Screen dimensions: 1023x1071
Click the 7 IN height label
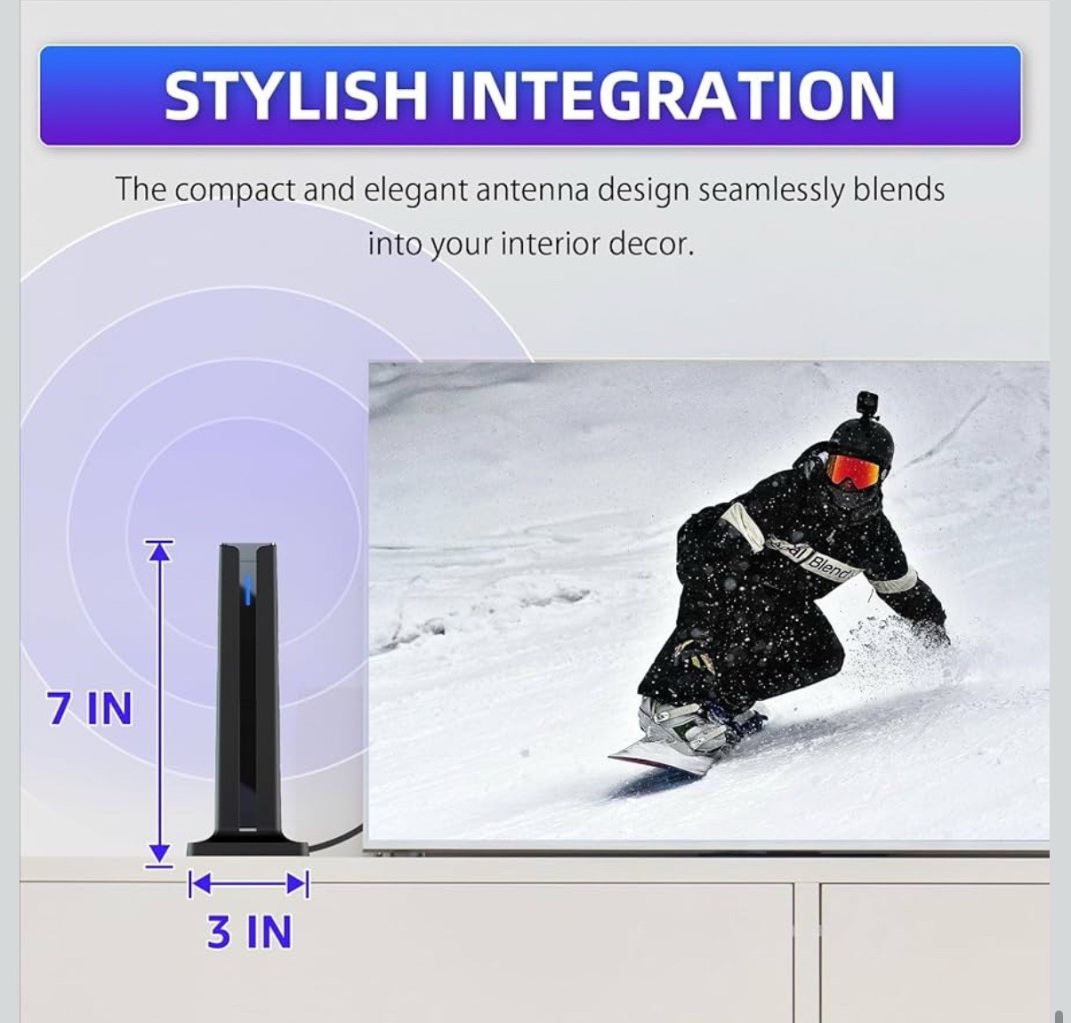(x=90, y=709)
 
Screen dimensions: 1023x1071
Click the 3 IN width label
(x=249, y=932)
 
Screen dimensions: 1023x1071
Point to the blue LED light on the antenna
(x=248, y=585)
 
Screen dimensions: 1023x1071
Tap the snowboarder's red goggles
(x=852, y=470)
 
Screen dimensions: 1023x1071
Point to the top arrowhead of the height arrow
(x=159, y=552)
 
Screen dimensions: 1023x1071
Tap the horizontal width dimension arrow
(x=248, y=883)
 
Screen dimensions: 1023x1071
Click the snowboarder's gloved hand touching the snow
(x=930, y=632)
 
